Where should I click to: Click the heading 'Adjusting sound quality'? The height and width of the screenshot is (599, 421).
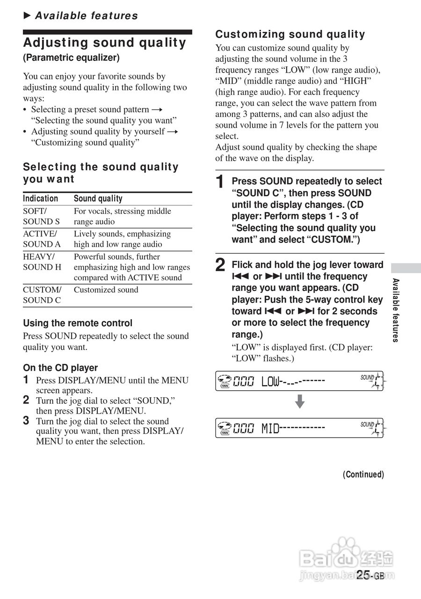(105, 43)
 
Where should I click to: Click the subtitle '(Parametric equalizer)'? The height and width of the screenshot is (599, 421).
(71, 58)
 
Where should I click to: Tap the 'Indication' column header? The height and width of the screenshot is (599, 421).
(41, 198)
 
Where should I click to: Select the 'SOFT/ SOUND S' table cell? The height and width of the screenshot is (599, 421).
(42, 216)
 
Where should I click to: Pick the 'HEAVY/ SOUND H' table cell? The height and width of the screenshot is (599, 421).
(42, 262)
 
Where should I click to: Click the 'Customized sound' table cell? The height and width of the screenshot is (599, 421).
(106, 290)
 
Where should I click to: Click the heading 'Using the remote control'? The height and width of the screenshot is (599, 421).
(78, 323)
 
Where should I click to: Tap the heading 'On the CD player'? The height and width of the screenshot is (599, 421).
(60, 368)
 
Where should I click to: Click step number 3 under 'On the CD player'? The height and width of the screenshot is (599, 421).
(27, 421)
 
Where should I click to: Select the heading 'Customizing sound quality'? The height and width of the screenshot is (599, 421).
(290, 34)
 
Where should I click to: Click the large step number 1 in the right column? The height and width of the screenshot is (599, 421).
(221, 183)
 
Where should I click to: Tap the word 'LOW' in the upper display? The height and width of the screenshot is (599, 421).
(270, 382)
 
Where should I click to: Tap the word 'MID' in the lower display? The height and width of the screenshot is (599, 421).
(270, 428)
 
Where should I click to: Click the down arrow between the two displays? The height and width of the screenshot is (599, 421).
(300, 402)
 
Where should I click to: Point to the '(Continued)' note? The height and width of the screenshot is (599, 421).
(363, 475)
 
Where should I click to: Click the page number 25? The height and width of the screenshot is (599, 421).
(364, 575)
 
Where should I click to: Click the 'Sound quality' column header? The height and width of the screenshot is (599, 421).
(98, 198)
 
